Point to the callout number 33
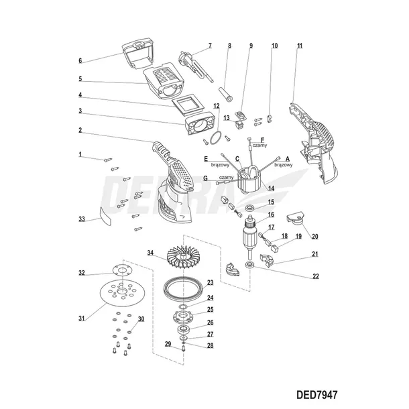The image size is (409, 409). (x=82, y=219)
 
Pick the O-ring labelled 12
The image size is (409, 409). (x=214, y=137)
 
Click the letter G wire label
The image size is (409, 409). (x=204, y=178)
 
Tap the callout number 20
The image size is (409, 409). (x=315, y=236)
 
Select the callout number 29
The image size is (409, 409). (x=168, y=344)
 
